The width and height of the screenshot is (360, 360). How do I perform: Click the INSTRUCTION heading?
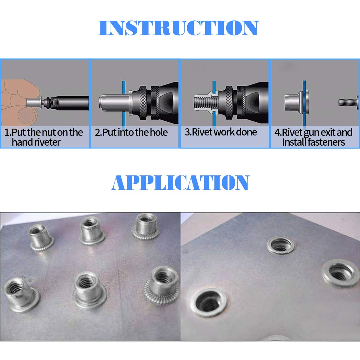179,28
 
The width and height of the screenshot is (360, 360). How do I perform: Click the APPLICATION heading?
180,183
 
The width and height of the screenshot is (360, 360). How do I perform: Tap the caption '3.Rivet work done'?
221,132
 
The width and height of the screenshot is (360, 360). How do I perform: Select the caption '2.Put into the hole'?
131,133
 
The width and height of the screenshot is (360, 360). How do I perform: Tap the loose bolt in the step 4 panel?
349,103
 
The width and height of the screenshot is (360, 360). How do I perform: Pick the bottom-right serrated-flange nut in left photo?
161,284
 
